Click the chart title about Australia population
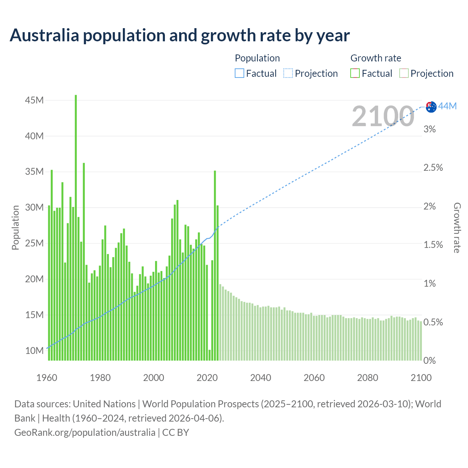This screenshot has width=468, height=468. coord(180,35)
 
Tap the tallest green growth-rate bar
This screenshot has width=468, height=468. coord(76,227)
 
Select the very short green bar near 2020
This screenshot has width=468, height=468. coord(210,355)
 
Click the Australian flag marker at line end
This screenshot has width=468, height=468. coord(431,106)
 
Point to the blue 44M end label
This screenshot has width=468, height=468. coord(448,106)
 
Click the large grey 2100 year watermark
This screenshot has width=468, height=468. coord(382,116)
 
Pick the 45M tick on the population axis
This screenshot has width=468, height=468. coord(34,100)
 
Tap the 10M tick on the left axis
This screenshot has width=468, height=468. coord(34,351)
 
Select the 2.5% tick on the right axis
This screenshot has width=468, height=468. coord(433,168)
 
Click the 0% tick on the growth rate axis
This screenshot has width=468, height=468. coord(429,361)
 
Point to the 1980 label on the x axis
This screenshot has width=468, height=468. coord(100,378)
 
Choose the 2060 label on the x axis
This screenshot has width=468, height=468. coord(314,378)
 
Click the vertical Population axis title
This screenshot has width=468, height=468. coord(15,227)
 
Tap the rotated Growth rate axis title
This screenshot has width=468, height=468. coord(457,227)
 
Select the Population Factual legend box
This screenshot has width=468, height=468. coord(239,73)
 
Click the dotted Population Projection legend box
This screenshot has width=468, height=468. coord(288,73)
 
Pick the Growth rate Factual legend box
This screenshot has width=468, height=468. coord(355,73)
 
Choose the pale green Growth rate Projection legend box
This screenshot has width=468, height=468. coord(404,73)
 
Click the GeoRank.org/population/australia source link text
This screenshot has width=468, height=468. coord(85,433)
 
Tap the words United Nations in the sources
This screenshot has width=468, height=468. coord(104,404)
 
